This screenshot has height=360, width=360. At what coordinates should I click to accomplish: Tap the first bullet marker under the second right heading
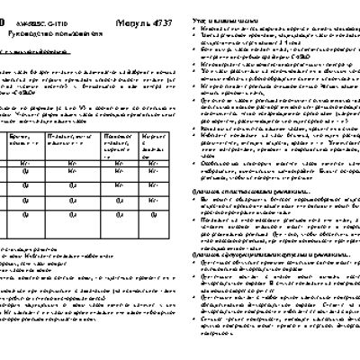pos(201,200)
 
